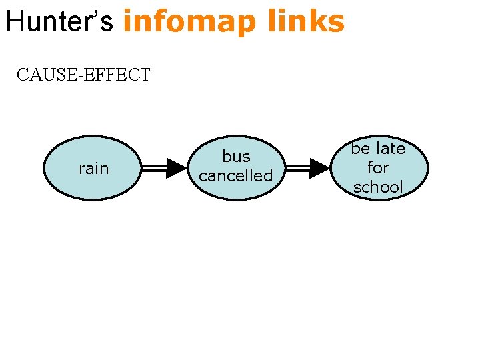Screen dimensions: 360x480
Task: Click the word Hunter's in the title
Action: click(x=61, y=21)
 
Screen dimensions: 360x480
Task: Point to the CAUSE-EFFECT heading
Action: click(x=83, y=75)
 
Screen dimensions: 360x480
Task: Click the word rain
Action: click(x=93, y=169)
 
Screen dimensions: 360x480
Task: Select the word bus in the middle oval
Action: click(x=236, y=157)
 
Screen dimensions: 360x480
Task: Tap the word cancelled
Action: click(x=236, y=176)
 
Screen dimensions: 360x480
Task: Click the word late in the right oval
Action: click(x=390, y=148)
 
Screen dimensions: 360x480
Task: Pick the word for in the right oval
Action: click(x=378, y=167)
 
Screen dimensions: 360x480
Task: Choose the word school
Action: click(x=378, y=187)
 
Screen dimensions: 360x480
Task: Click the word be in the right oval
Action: click(x=361, y=148)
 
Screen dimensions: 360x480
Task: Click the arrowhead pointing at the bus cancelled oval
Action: click(x=176, y=169)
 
